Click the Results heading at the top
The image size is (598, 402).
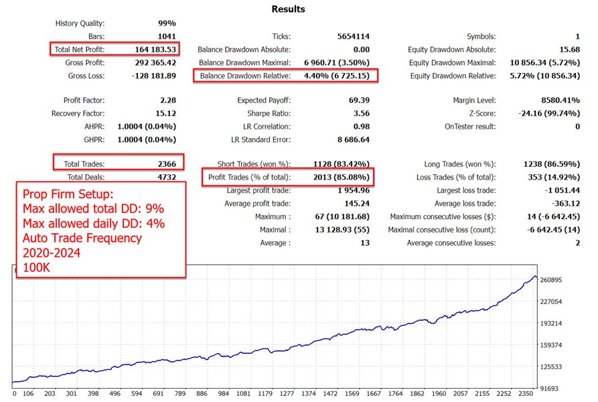[x=288, y=9]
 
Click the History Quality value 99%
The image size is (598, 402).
[x=165, y=23]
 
